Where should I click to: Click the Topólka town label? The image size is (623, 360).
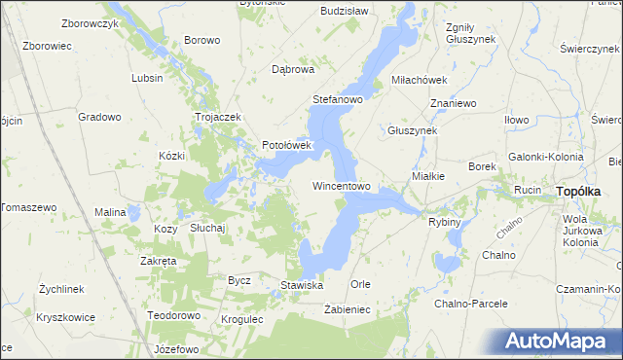click(584, 192)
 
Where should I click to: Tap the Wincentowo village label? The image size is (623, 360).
click(341, 185)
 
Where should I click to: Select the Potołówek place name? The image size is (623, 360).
click(285, 146)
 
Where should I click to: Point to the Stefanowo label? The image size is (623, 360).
click(337, 99)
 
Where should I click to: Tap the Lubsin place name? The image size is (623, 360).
click(147, 78)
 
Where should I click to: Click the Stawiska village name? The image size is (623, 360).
click(301, 285)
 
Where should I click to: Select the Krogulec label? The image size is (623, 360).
click(242, 319)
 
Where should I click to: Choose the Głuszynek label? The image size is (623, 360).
click(413, 129)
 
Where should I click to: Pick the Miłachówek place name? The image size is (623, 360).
click(418, 79)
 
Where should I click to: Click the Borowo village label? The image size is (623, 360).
click(202, 40)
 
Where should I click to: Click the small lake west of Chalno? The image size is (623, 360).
click(447, 263)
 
